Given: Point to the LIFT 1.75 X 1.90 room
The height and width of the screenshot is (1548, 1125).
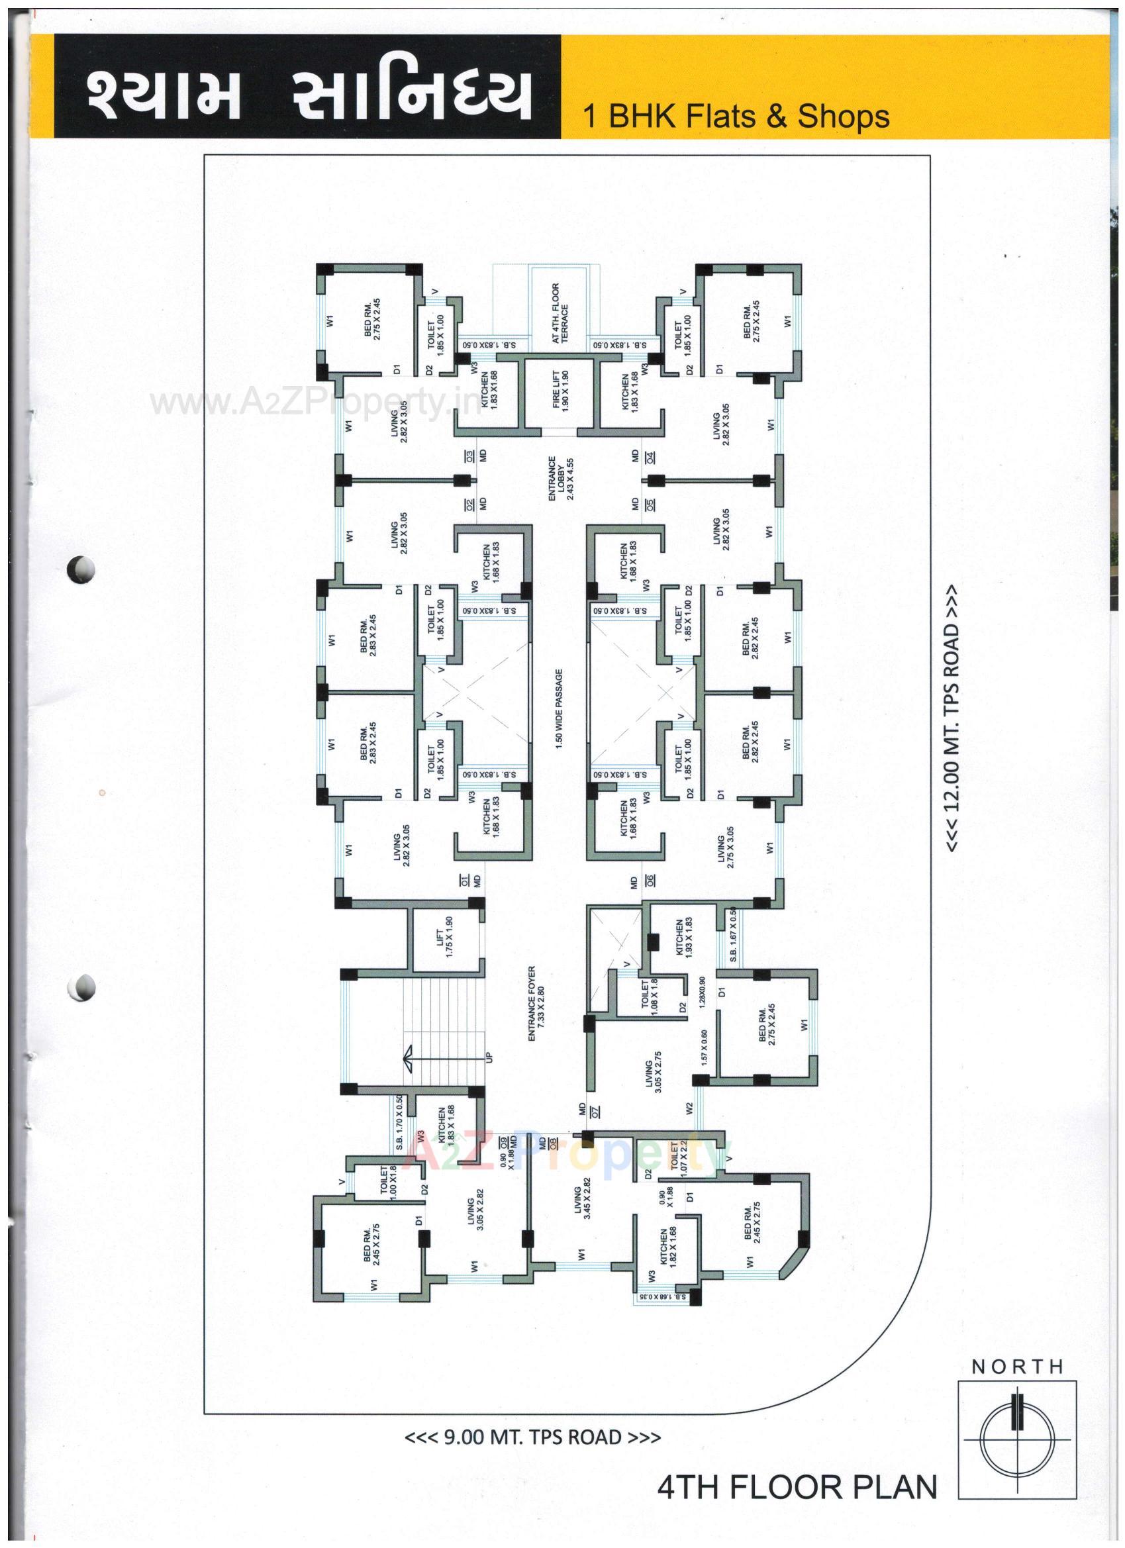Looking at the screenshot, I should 445,936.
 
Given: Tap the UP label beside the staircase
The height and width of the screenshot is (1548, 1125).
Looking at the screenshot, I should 489,1057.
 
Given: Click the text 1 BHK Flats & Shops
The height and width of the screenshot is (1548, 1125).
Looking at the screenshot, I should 735,116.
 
